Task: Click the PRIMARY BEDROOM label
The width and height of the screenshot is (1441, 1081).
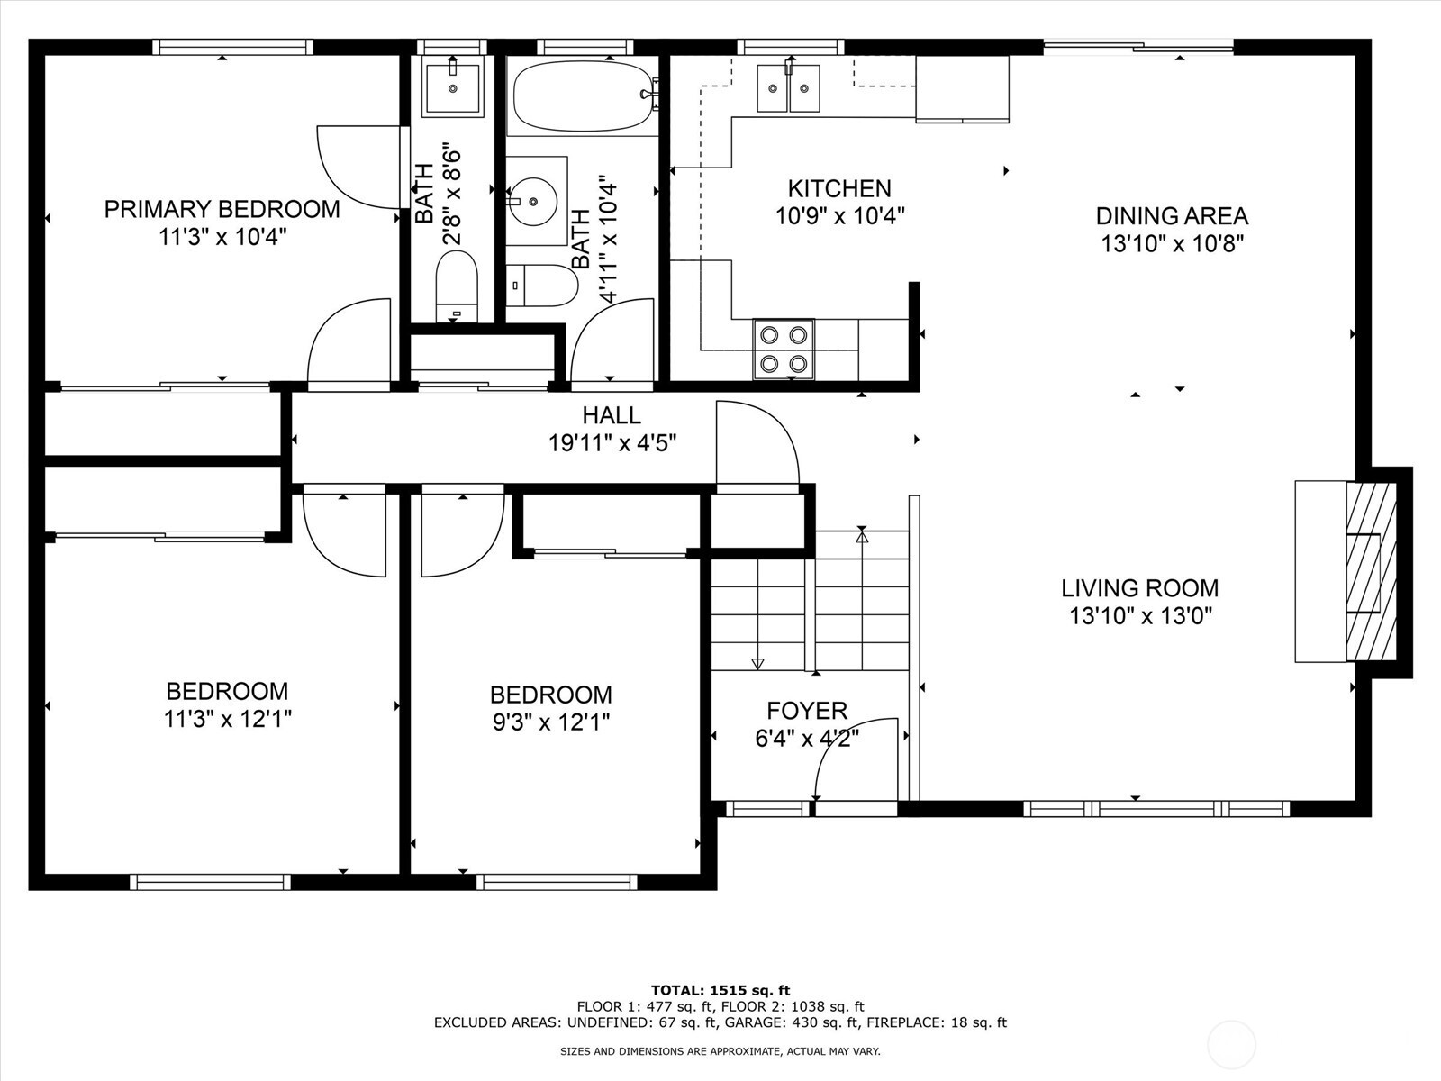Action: (222, 209)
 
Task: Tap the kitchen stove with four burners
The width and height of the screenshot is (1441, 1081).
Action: (784, 350)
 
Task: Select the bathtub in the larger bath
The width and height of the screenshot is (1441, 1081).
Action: (583, 96)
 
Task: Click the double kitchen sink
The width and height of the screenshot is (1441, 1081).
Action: (788, 88)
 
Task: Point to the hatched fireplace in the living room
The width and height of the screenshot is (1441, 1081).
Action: (1371, 570)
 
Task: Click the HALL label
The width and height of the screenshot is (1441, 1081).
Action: (612, 415)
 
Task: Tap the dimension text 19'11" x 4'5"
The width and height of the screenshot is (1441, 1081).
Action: (612, 443)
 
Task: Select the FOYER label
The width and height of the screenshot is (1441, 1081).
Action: (807, 710)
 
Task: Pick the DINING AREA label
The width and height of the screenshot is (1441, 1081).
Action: (1172, 216)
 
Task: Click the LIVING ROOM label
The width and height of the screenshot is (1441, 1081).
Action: (1139, 587)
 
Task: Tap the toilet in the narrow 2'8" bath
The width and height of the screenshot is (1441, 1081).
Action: (457, 286)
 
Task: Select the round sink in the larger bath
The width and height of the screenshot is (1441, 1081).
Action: (533, 200)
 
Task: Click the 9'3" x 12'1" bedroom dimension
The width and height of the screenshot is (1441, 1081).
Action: (551, 722)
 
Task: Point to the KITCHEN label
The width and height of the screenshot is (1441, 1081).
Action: (839, 189)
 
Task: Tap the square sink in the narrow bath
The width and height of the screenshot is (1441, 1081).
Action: (452, 87)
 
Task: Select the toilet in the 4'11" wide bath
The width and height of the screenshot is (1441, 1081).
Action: (541, 286)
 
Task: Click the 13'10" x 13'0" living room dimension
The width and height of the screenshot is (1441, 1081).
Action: (1140, 616)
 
